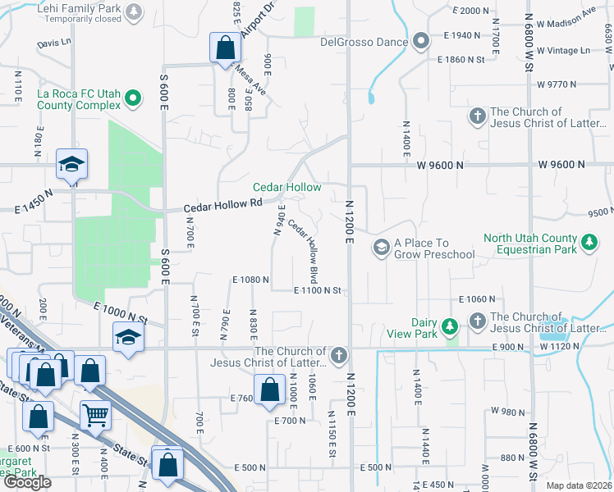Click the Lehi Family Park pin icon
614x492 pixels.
(134, 11)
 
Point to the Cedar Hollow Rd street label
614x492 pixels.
(222, 203)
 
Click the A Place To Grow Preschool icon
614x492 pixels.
(381, 247)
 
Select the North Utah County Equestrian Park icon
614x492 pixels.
(588, 242)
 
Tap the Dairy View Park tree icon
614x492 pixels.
(449, 327)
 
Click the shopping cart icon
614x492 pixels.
(95, 416)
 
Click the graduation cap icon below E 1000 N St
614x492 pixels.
(128, 338)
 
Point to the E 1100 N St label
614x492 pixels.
(318, 290)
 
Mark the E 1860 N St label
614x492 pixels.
(469, 60)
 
